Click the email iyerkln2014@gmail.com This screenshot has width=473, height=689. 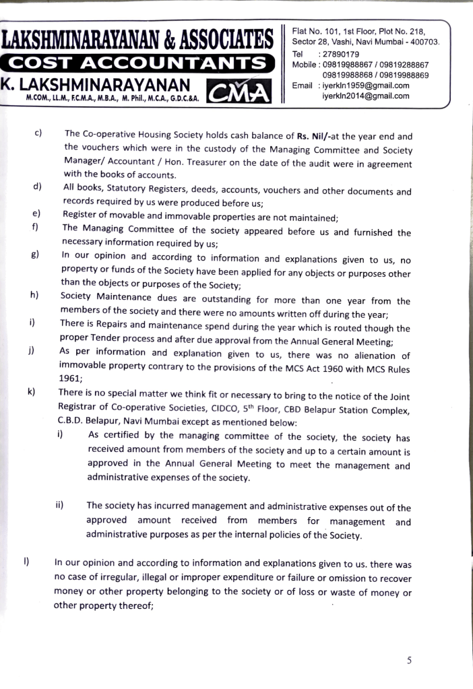(366, 96)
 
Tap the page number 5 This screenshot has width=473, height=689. (410, 659)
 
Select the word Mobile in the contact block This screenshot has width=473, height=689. (305, 65)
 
